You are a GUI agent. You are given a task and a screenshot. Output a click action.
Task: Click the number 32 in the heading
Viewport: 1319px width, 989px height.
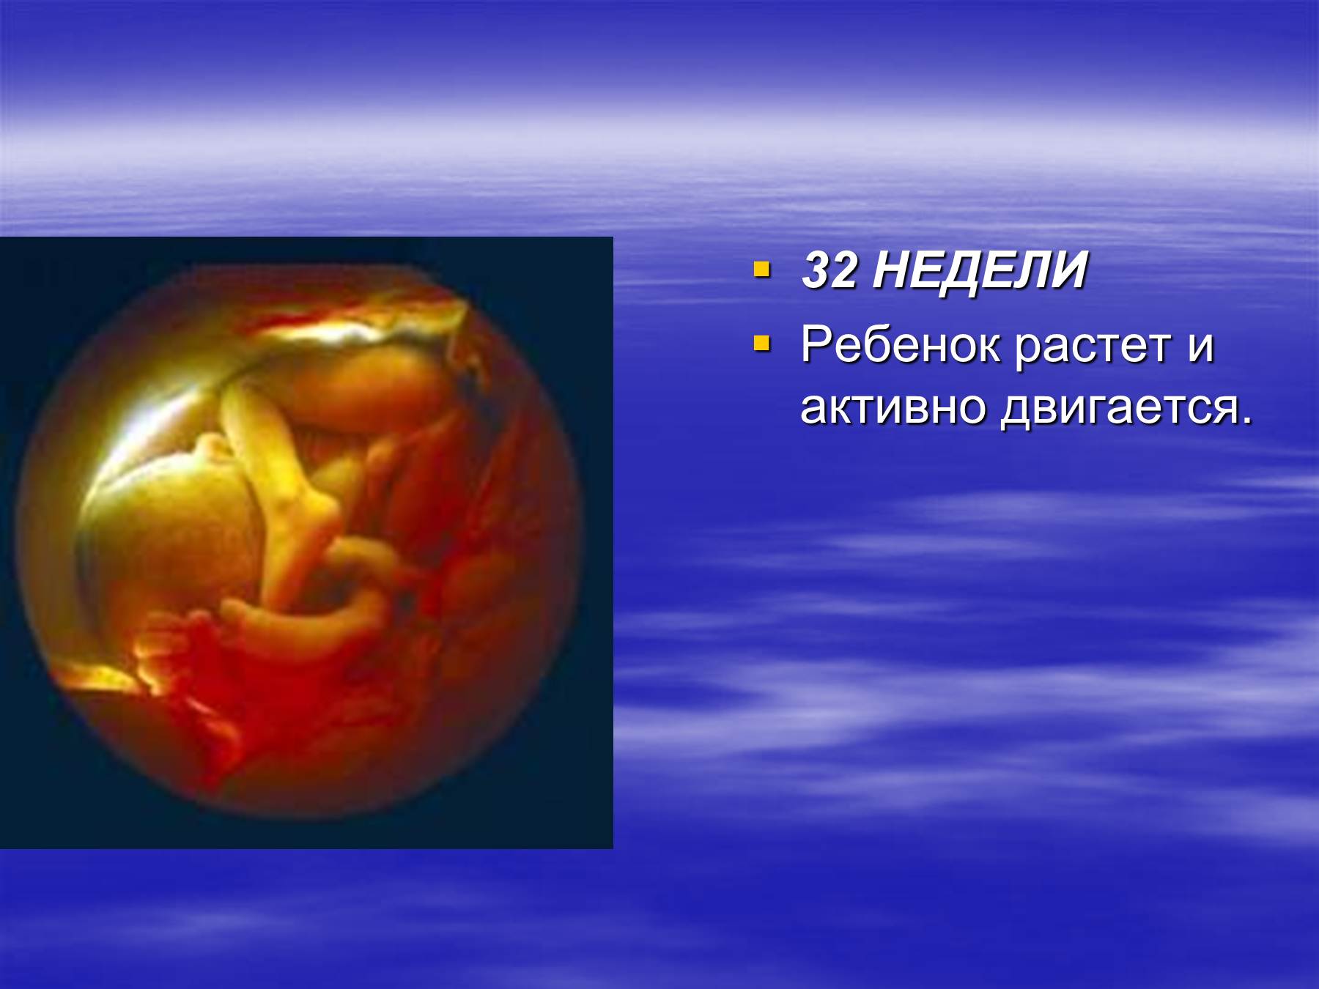(829, 271)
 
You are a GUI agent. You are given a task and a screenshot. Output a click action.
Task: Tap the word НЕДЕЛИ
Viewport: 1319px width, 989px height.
(980, 271)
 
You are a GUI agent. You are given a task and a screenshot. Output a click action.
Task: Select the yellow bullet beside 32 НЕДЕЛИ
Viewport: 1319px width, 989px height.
(762, 270)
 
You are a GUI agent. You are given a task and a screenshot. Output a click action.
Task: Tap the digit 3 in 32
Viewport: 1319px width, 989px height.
(816, 271)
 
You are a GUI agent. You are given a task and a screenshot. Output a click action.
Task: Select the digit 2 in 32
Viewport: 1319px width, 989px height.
(843, 271)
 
